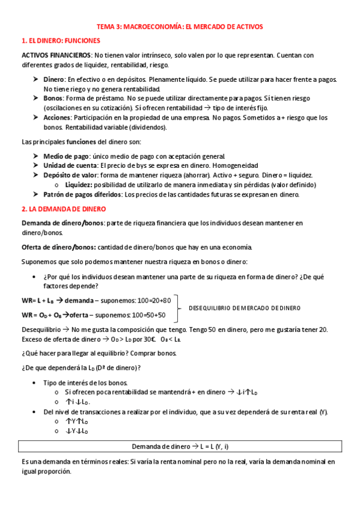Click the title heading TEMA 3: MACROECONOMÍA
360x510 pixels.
180,26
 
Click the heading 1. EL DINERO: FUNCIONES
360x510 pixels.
60,41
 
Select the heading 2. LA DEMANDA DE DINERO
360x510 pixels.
63,209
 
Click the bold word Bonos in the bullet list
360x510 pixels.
54,98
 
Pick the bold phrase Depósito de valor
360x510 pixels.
71,175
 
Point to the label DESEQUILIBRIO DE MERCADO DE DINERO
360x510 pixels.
245,308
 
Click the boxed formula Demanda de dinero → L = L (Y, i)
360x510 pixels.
180,447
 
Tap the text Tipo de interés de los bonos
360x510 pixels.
85,383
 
